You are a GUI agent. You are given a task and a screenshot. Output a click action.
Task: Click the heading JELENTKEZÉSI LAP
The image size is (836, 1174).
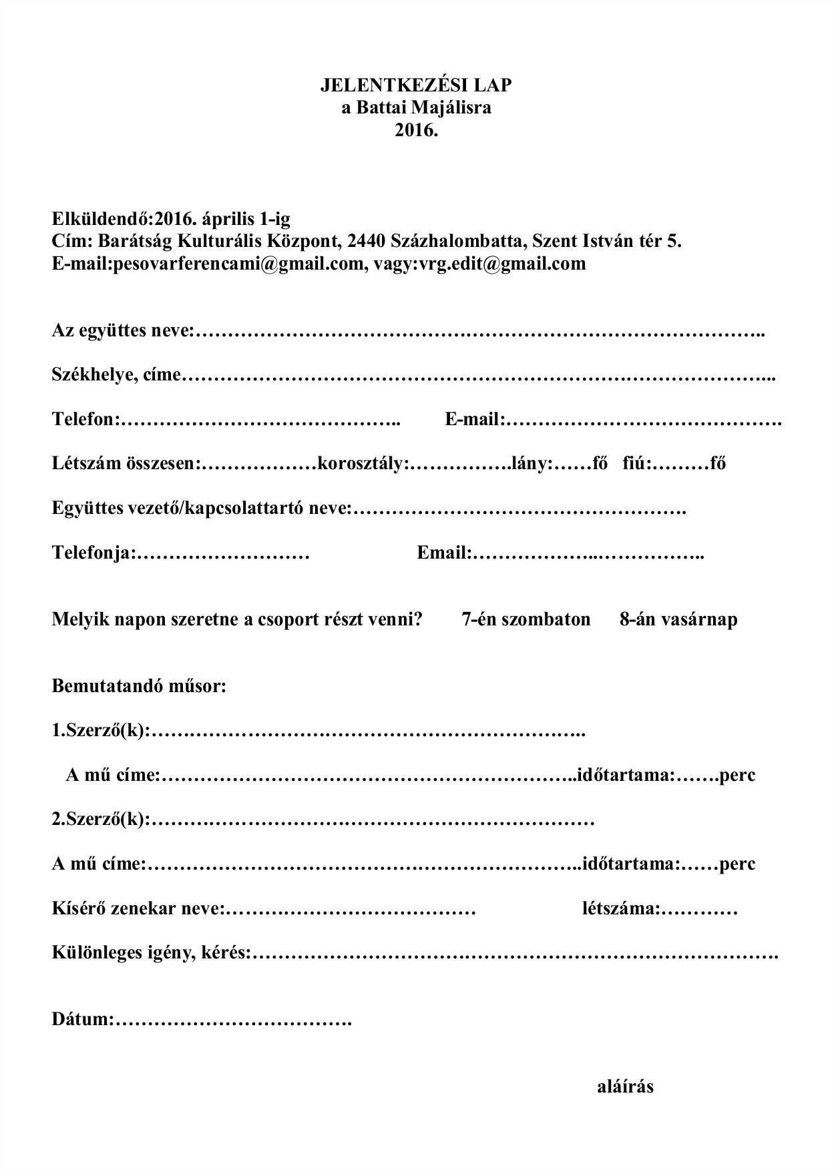pyautogui.click(x=415, y=85)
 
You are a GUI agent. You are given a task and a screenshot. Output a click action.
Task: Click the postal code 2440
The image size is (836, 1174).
pyautogui.click(x=367, y=241)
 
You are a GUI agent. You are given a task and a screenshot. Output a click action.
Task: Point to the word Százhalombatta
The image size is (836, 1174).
pyautogui.click(x=456, y=241)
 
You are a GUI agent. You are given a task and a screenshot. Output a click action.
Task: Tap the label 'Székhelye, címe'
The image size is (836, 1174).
pyautogui.click(x=116, y=375)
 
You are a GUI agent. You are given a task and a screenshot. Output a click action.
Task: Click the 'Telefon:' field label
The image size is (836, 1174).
pyautogui.click(x=85, y=419)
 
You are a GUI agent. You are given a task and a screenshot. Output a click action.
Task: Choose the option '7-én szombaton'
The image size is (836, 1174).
pyautogui.click(x=526, y=619)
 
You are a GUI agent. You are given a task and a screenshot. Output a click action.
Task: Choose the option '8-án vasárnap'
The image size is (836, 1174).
pyautogui.click(x=678, y=619)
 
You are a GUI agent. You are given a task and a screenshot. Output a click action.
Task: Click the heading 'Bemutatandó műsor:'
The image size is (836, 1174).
pyautogui.click(x=139, y=686)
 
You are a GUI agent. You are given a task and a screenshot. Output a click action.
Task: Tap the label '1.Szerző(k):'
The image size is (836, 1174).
pyautogui.click(x=101, y=731)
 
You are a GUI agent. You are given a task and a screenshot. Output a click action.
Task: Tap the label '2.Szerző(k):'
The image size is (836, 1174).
pyautogui.click(x=101, y=820)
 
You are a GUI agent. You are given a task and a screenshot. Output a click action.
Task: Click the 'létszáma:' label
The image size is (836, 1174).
pyautogui.click(x=621, y=908)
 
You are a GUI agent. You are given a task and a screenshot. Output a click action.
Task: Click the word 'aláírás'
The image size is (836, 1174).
pyautogui.click(x=625, y=1087)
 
